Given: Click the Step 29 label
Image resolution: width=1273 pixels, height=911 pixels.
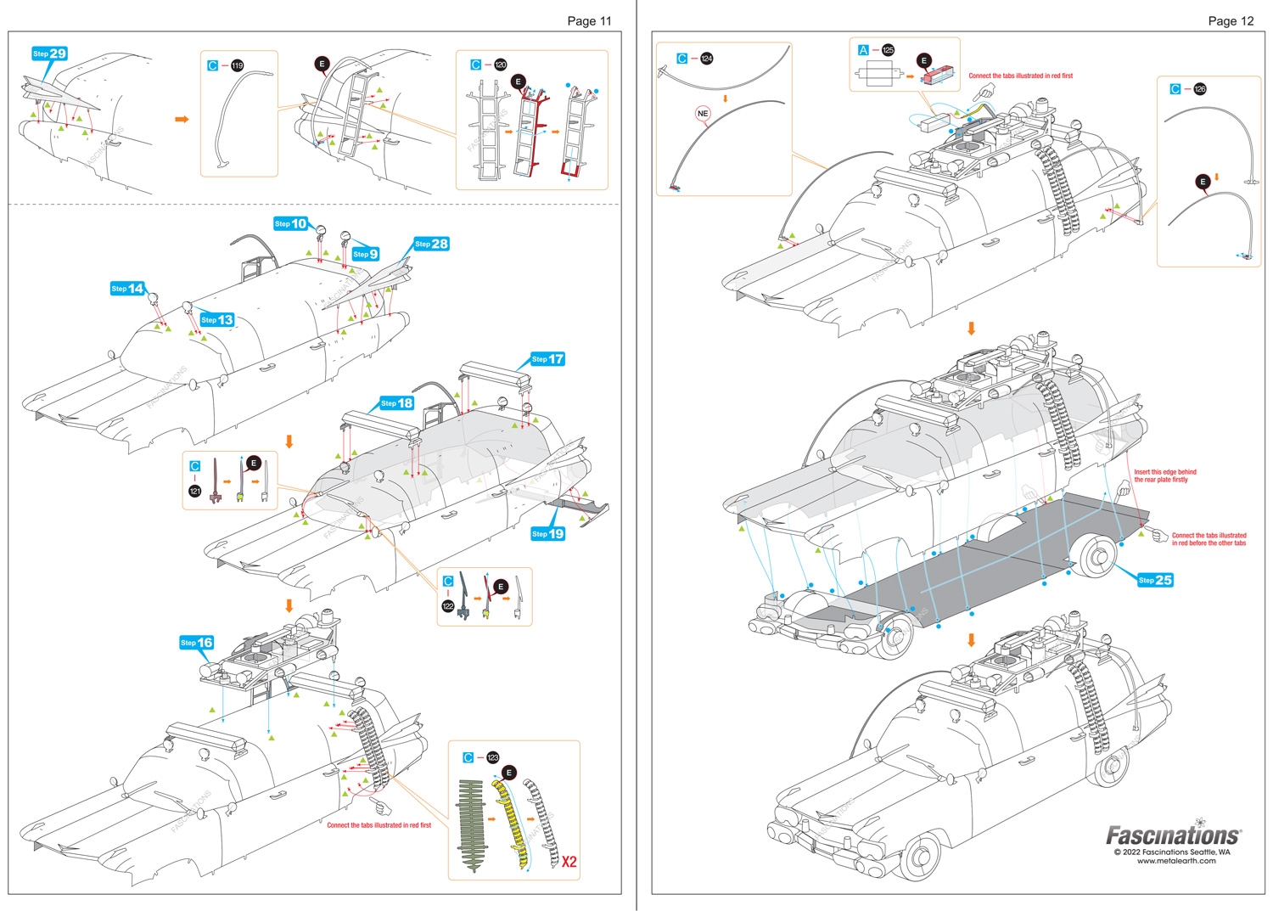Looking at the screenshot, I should (x=49, y=53).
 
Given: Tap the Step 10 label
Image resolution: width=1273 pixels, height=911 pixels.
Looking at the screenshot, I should (x=290, y=223).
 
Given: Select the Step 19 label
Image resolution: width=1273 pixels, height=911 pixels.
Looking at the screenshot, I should (x=547, y=533).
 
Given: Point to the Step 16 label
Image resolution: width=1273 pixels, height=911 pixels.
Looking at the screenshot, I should (x=196, y=643).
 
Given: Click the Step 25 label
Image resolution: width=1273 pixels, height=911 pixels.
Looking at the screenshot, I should (x=1155, y=580).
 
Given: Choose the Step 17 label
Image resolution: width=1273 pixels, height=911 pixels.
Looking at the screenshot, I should (x=547, y=359).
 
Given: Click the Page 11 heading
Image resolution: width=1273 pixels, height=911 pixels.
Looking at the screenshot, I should (x=589, y=21).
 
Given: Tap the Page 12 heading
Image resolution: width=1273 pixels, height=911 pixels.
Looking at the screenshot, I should (x=1231, y=21).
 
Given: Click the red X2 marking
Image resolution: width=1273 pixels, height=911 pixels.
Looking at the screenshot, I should (x=569, y=862).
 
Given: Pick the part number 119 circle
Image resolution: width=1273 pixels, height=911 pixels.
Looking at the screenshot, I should (x=237, y=65).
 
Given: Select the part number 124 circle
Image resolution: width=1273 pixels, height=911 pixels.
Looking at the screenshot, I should (x=707, y=59).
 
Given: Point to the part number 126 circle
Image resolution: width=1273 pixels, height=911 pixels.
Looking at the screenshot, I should (x=1199, y=89).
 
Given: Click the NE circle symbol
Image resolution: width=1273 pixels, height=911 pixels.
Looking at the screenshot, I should (x=703, y=114).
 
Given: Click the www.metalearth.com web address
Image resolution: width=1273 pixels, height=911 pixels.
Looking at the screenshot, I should (x=1175, y=861).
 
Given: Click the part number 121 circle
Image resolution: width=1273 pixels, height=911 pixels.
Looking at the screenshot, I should (x=195, y=492).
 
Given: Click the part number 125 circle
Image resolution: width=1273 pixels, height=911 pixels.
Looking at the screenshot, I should (x=888, y=50).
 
